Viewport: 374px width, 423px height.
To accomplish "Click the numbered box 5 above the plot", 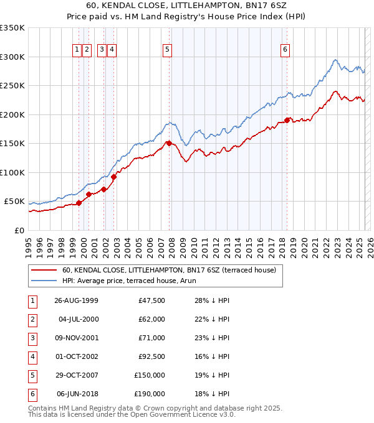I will click(x=168, y=50).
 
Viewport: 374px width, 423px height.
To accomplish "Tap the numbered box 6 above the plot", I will click(x=285, y=50).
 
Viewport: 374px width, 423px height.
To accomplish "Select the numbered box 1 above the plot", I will click(x=77, y=50).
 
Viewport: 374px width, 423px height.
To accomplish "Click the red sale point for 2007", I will click(x=169, y=144).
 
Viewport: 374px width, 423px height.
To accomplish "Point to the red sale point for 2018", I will click(x=287, y=120).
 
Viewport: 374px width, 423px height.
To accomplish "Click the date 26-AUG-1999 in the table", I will click(x=76, y=301).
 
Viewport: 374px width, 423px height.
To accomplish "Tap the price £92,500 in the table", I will click(x=150, y=356).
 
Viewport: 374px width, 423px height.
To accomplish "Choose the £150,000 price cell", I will click(x=149, y=375).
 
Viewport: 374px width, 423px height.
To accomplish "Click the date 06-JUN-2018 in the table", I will click(x=77, y=394).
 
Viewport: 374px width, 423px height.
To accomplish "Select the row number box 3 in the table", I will click(x=31, y=338).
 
